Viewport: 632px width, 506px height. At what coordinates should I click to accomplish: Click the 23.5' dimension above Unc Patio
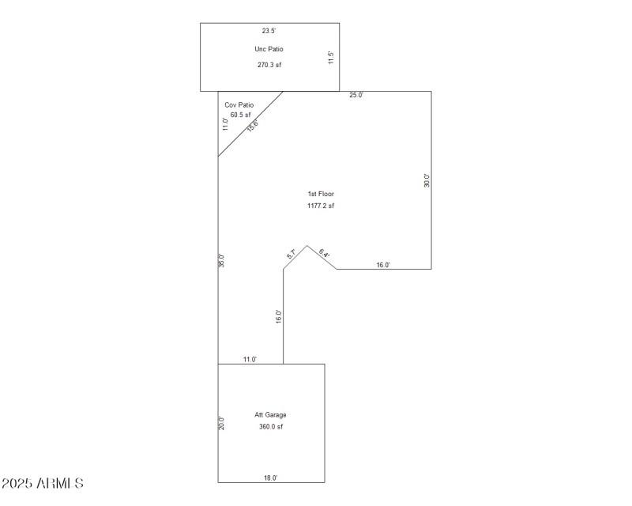pos(269,31)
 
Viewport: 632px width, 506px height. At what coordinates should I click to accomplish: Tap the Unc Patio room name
pos(269,49)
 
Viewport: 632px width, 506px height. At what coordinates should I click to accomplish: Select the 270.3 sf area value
pos(269,65)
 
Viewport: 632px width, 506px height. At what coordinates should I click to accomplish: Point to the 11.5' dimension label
pos(332,59)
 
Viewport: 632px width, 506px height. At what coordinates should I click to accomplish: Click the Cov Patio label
pos(239,104)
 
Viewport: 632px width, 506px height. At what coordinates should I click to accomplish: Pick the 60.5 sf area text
pos(240,115)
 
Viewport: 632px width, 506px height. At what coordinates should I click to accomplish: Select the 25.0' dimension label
pos(356,96)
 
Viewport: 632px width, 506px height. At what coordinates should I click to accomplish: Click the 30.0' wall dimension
pos(427,180)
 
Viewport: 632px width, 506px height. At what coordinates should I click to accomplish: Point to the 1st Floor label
pos(321,194)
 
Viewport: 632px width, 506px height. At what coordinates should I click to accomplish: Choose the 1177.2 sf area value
pos(321,206)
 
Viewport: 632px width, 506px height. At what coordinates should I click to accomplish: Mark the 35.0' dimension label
pos(222,261)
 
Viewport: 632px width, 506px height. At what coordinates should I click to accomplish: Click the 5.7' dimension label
pos(292,255)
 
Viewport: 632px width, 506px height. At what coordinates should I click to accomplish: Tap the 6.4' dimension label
pos(324,254)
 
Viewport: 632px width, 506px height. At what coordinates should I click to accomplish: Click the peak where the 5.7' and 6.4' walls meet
pos(307,245)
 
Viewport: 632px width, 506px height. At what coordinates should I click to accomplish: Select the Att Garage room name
pos(270,415)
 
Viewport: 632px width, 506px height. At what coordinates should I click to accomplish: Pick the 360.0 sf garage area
pos(270,427)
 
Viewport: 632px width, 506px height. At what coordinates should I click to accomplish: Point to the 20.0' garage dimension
pos(222,423)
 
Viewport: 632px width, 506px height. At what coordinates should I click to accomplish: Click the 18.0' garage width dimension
pos(269,478)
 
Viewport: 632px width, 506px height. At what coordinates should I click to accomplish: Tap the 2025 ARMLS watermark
pos(43,483)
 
